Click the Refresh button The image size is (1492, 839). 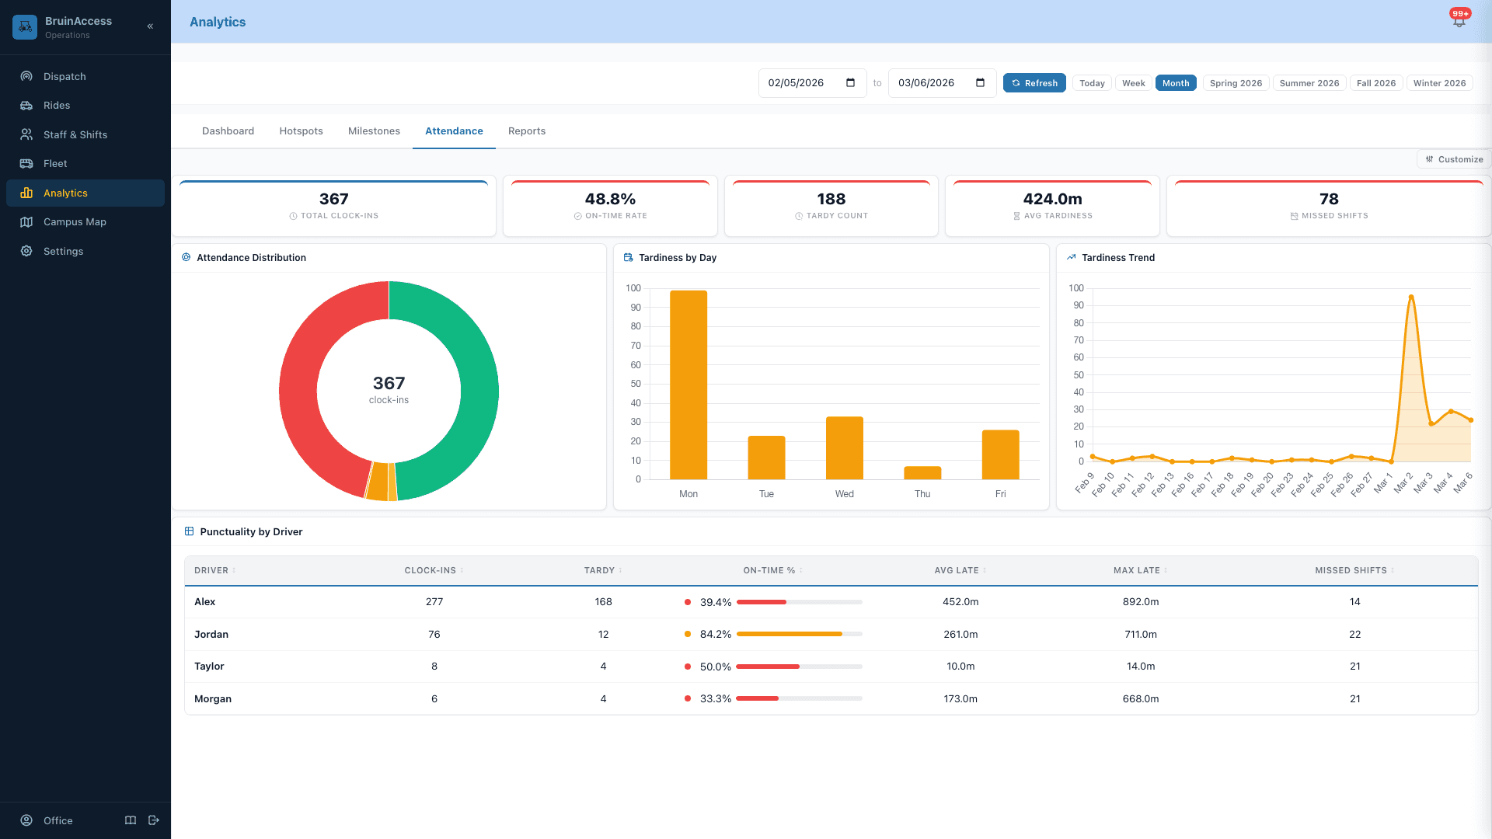1034,83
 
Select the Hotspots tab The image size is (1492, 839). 301,131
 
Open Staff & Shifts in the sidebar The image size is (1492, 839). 75,134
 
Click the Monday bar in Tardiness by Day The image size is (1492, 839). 688,385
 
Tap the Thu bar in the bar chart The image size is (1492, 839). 922,472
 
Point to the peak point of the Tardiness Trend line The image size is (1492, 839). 1411,297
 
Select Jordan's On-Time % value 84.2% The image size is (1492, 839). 715,634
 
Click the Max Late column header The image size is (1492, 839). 1136,570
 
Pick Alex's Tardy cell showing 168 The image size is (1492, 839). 603,602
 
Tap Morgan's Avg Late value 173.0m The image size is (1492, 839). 960,698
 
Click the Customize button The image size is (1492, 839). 1454,159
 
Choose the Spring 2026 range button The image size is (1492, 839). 1236,83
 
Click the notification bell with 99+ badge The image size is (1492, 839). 1459,21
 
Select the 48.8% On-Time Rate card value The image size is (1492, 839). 610,199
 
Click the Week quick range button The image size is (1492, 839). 1133,83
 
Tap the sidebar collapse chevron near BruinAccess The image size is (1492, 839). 150,26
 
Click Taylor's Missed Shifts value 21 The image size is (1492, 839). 1354,666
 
